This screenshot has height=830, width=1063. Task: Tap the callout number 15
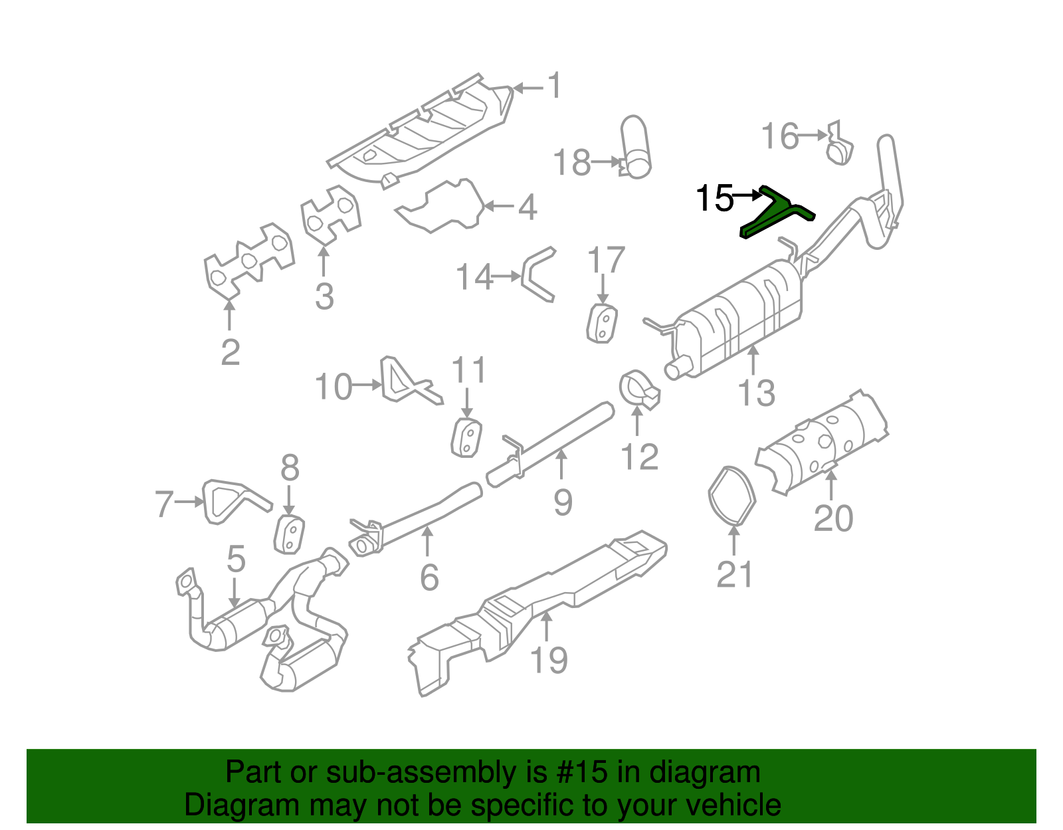tap(714, 198)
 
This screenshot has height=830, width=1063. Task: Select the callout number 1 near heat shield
tap(553, 87)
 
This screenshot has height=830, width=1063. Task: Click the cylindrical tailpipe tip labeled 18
tap(635, 148)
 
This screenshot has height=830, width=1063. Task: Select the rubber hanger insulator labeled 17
tap(602, 324)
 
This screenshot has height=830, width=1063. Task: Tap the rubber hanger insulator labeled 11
tap(466, 439)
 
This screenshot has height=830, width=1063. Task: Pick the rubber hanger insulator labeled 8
tap(290, 534)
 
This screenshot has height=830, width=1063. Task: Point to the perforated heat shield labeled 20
tap(824, 442)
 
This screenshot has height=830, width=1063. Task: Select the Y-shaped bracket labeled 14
tap(538, 274)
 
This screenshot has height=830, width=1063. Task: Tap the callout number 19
tap(549, 660)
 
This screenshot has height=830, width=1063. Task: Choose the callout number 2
tap(230, 352)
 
